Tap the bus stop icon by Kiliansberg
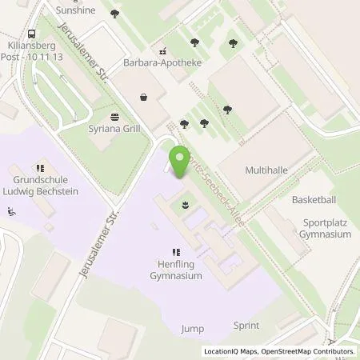click(x=31, y=35)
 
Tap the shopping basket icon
click(x=143, y=98)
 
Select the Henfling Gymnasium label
click(x=175, y=270)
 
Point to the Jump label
click(x=192, y=328)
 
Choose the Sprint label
click(x=246, y=326)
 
